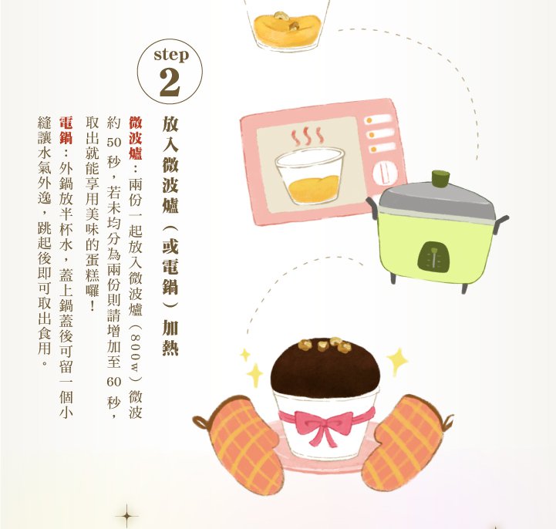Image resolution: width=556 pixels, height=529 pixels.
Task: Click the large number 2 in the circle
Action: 170,82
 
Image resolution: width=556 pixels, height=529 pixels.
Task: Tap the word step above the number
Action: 171,55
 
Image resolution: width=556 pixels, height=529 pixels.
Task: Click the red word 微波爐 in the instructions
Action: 136,138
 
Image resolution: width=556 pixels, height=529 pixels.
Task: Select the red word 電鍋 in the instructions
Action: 66,130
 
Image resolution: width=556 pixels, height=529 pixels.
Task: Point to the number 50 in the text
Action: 114,142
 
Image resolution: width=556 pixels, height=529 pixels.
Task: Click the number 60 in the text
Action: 114,382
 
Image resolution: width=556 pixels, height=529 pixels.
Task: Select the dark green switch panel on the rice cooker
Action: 433,256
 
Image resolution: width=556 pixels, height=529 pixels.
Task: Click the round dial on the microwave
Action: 384,174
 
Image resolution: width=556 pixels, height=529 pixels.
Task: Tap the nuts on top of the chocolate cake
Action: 325,344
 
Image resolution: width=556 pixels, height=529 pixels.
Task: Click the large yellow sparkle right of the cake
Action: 397,361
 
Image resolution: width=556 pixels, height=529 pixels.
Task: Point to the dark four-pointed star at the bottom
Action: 126,516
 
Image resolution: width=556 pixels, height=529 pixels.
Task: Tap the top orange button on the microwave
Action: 369,120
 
